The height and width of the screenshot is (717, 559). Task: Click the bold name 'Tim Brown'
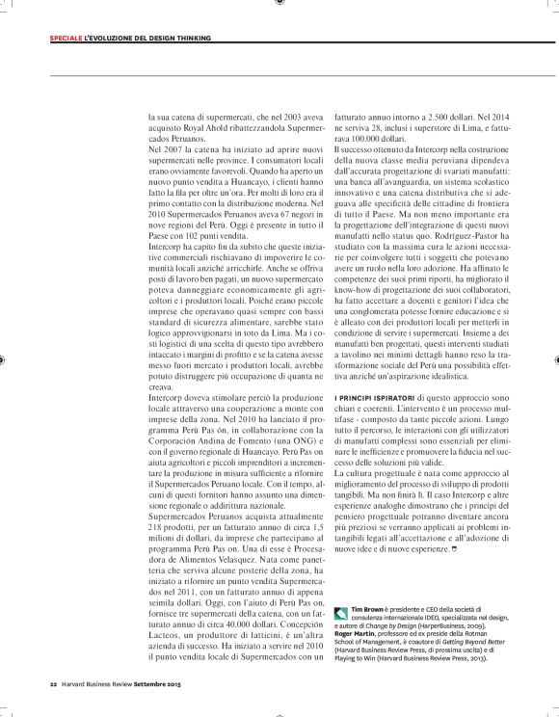(x=374, y=586)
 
